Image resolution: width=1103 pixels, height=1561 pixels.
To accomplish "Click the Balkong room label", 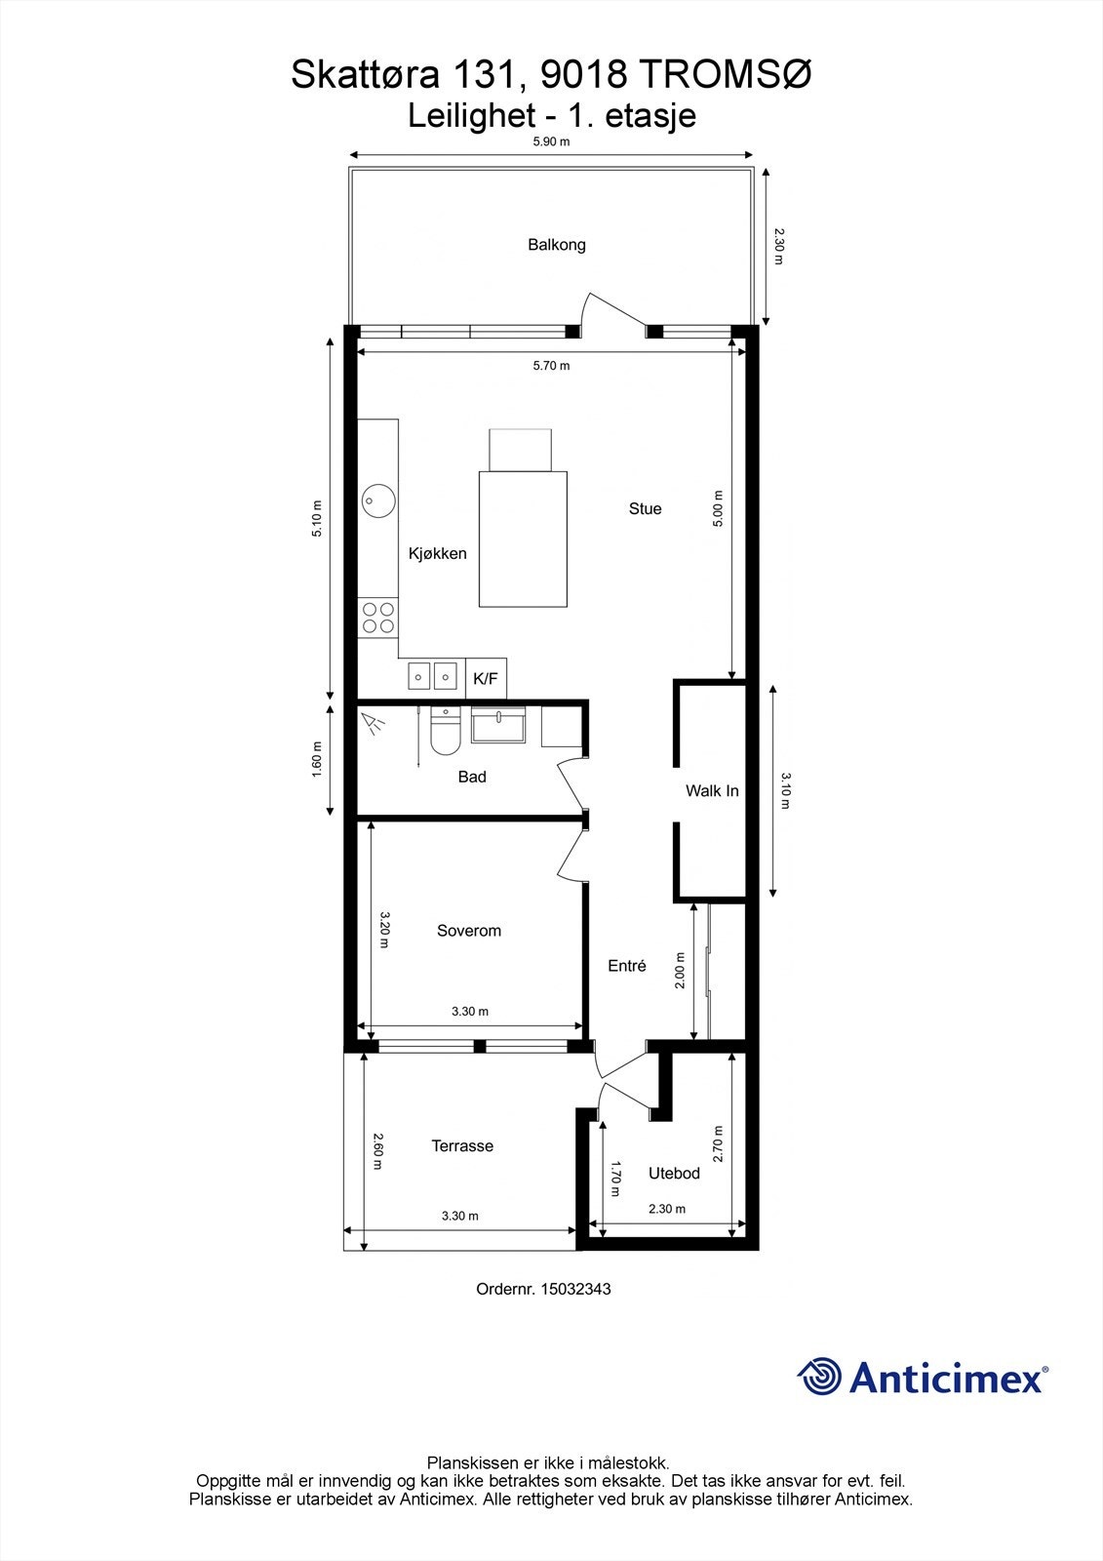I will pos(557,244).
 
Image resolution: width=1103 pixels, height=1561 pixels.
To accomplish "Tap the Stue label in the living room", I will pos(645,508).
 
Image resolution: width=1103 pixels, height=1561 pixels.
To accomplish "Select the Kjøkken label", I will pos(437,553).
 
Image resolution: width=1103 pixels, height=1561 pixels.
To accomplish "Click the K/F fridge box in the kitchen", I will pos(486,678).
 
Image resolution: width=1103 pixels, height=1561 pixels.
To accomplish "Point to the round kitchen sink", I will pos(377,501).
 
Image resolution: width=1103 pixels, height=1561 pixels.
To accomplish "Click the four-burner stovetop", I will pos(378,618).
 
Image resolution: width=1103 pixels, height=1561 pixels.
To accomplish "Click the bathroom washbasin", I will pos(497,726).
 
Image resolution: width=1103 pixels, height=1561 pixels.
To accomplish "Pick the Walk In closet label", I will pos(712,790).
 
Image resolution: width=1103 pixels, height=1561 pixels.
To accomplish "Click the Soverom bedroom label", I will pos(469,931).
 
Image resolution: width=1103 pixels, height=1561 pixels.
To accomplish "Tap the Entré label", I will pos(627,966).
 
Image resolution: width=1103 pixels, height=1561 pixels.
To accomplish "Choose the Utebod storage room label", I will pos(675,1173).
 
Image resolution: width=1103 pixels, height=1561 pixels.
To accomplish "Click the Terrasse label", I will pos(462,1145).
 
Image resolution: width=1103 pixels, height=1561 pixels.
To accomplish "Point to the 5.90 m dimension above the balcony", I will pos(551,141).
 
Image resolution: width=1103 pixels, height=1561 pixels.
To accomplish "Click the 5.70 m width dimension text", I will pos(551,366).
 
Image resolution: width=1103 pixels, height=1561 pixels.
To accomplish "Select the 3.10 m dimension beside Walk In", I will pos(787,791).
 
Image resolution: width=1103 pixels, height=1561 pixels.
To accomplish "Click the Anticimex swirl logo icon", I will pos(820,1377).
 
